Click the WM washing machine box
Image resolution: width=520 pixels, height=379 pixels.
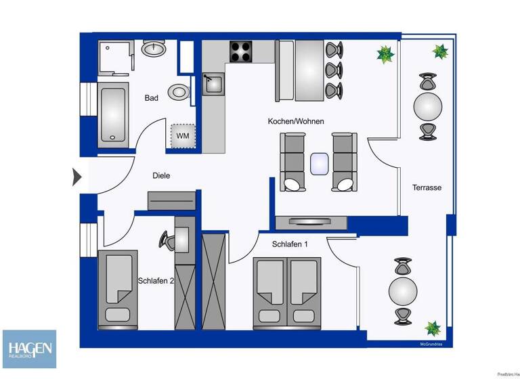183,135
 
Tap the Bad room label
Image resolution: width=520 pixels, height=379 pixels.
152,98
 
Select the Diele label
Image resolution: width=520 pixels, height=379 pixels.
161,175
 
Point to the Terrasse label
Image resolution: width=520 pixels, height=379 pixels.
427,187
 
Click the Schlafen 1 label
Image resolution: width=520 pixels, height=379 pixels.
290,244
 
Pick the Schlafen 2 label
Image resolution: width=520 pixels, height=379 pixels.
156,281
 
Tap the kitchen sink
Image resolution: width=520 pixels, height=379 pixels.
214,85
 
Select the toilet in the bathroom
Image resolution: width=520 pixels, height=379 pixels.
179,91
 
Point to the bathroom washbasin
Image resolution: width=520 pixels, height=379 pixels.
154,49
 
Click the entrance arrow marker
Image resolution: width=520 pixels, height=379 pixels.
77,177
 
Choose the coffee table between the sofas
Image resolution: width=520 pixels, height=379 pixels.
319,163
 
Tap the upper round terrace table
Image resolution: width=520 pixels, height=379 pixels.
428,106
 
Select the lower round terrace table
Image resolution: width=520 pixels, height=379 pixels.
403,291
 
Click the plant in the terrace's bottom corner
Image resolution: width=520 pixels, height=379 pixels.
433,329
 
